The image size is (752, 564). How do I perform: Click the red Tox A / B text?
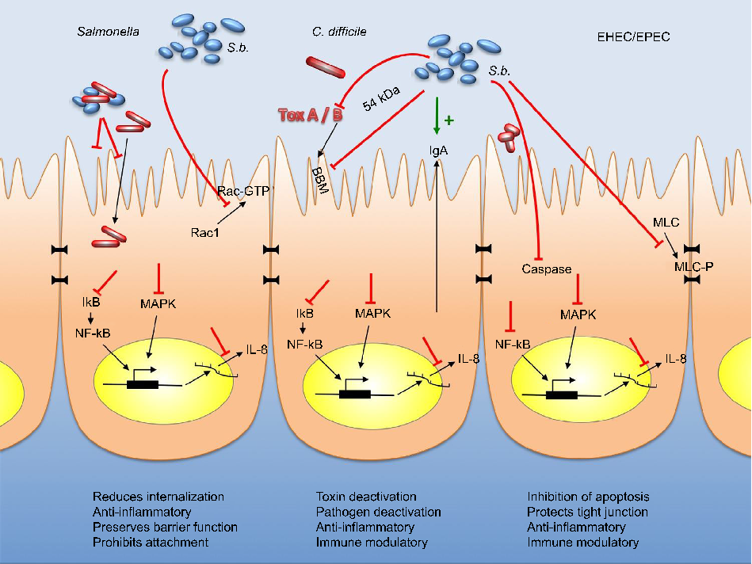point(310,116)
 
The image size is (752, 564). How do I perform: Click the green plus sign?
point(449,120)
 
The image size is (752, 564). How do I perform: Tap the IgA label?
point(436,150)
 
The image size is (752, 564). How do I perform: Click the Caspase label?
point(546,269)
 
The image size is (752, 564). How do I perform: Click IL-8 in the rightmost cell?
point(676,358)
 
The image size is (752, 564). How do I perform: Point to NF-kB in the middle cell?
point(306,344)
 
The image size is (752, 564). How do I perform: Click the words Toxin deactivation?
point(365,497)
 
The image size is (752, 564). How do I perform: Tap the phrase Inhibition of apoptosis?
point(588,497)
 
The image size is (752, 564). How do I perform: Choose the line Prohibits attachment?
point(151,543)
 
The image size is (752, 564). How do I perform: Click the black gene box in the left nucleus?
point(141,384)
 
